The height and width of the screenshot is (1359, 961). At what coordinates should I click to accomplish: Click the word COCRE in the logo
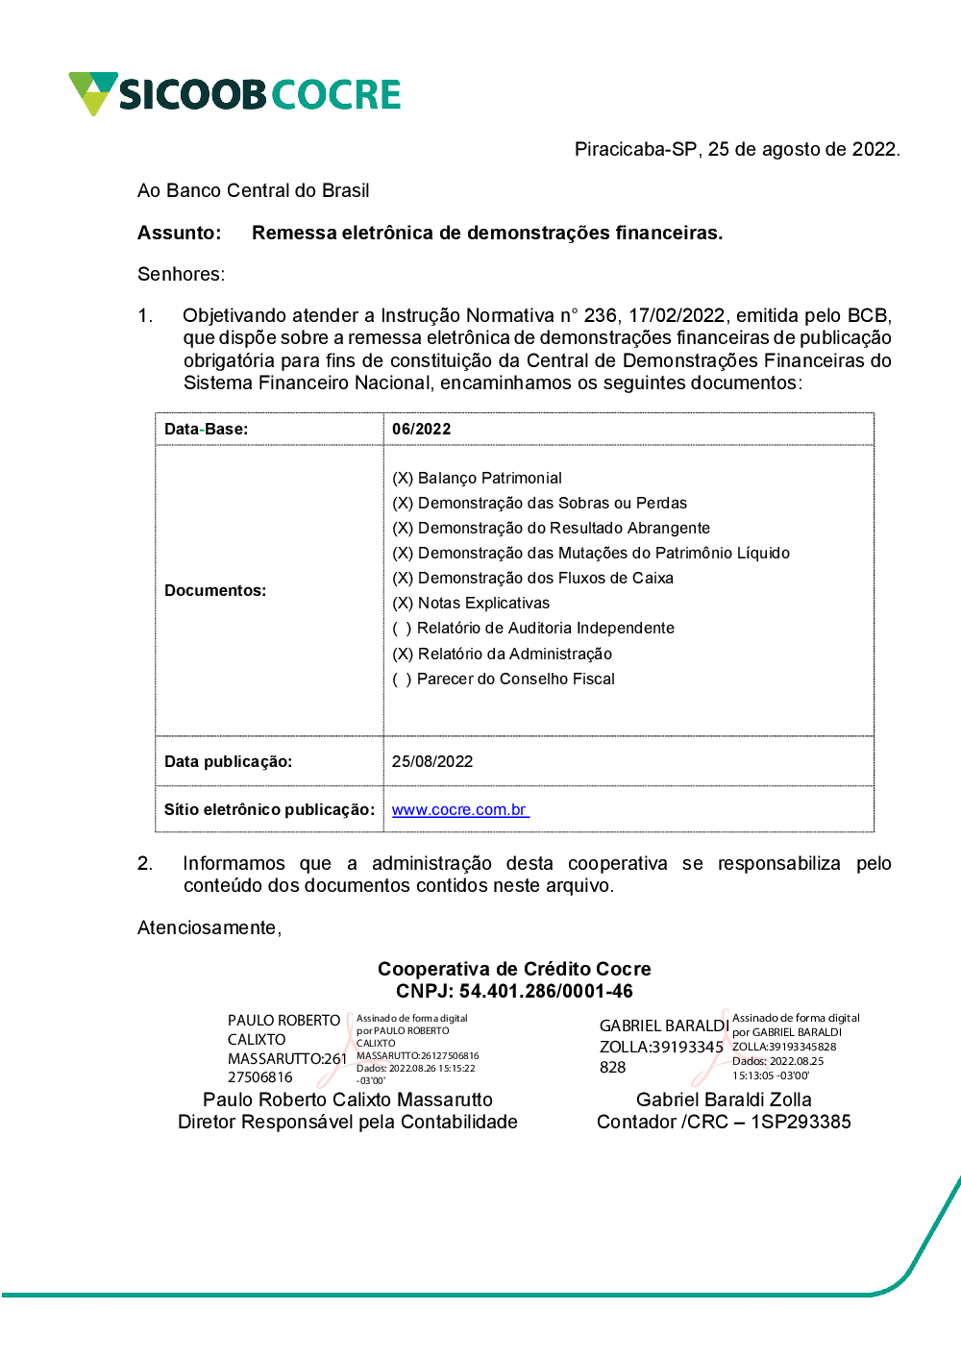[335, 94]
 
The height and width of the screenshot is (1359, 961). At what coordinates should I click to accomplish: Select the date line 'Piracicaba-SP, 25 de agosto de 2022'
[736, 149]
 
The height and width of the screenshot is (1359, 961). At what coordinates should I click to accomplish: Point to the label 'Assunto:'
[179, 233]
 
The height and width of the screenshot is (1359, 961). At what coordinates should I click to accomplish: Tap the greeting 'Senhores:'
[181, 274]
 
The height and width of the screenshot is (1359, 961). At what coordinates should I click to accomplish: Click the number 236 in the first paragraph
[601, 315]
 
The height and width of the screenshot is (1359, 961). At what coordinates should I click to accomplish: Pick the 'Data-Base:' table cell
[206, 429]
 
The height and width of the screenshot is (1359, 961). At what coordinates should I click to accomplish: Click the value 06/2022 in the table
[421, 429]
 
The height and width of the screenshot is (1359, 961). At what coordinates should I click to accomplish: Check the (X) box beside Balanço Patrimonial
[403, 478]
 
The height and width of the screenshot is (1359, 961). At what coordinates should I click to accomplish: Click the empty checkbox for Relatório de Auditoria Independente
[403, 628]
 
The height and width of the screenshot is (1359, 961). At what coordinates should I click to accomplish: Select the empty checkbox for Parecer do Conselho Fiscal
[403, 679]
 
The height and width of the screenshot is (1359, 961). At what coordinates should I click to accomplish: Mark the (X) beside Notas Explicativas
[403, 603]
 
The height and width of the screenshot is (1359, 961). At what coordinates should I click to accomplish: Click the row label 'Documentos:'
[215, 590]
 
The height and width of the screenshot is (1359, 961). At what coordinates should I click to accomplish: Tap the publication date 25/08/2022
[432, 761]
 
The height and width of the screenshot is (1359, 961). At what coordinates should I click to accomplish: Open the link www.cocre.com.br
[459, 809]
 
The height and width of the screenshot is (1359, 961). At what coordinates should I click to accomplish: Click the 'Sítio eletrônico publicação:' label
[269, 809]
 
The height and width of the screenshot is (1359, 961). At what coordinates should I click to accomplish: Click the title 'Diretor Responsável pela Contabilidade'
[348, 1122]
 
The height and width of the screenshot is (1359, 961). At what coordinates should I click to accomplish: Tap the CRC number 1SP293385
[801, 1122]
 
